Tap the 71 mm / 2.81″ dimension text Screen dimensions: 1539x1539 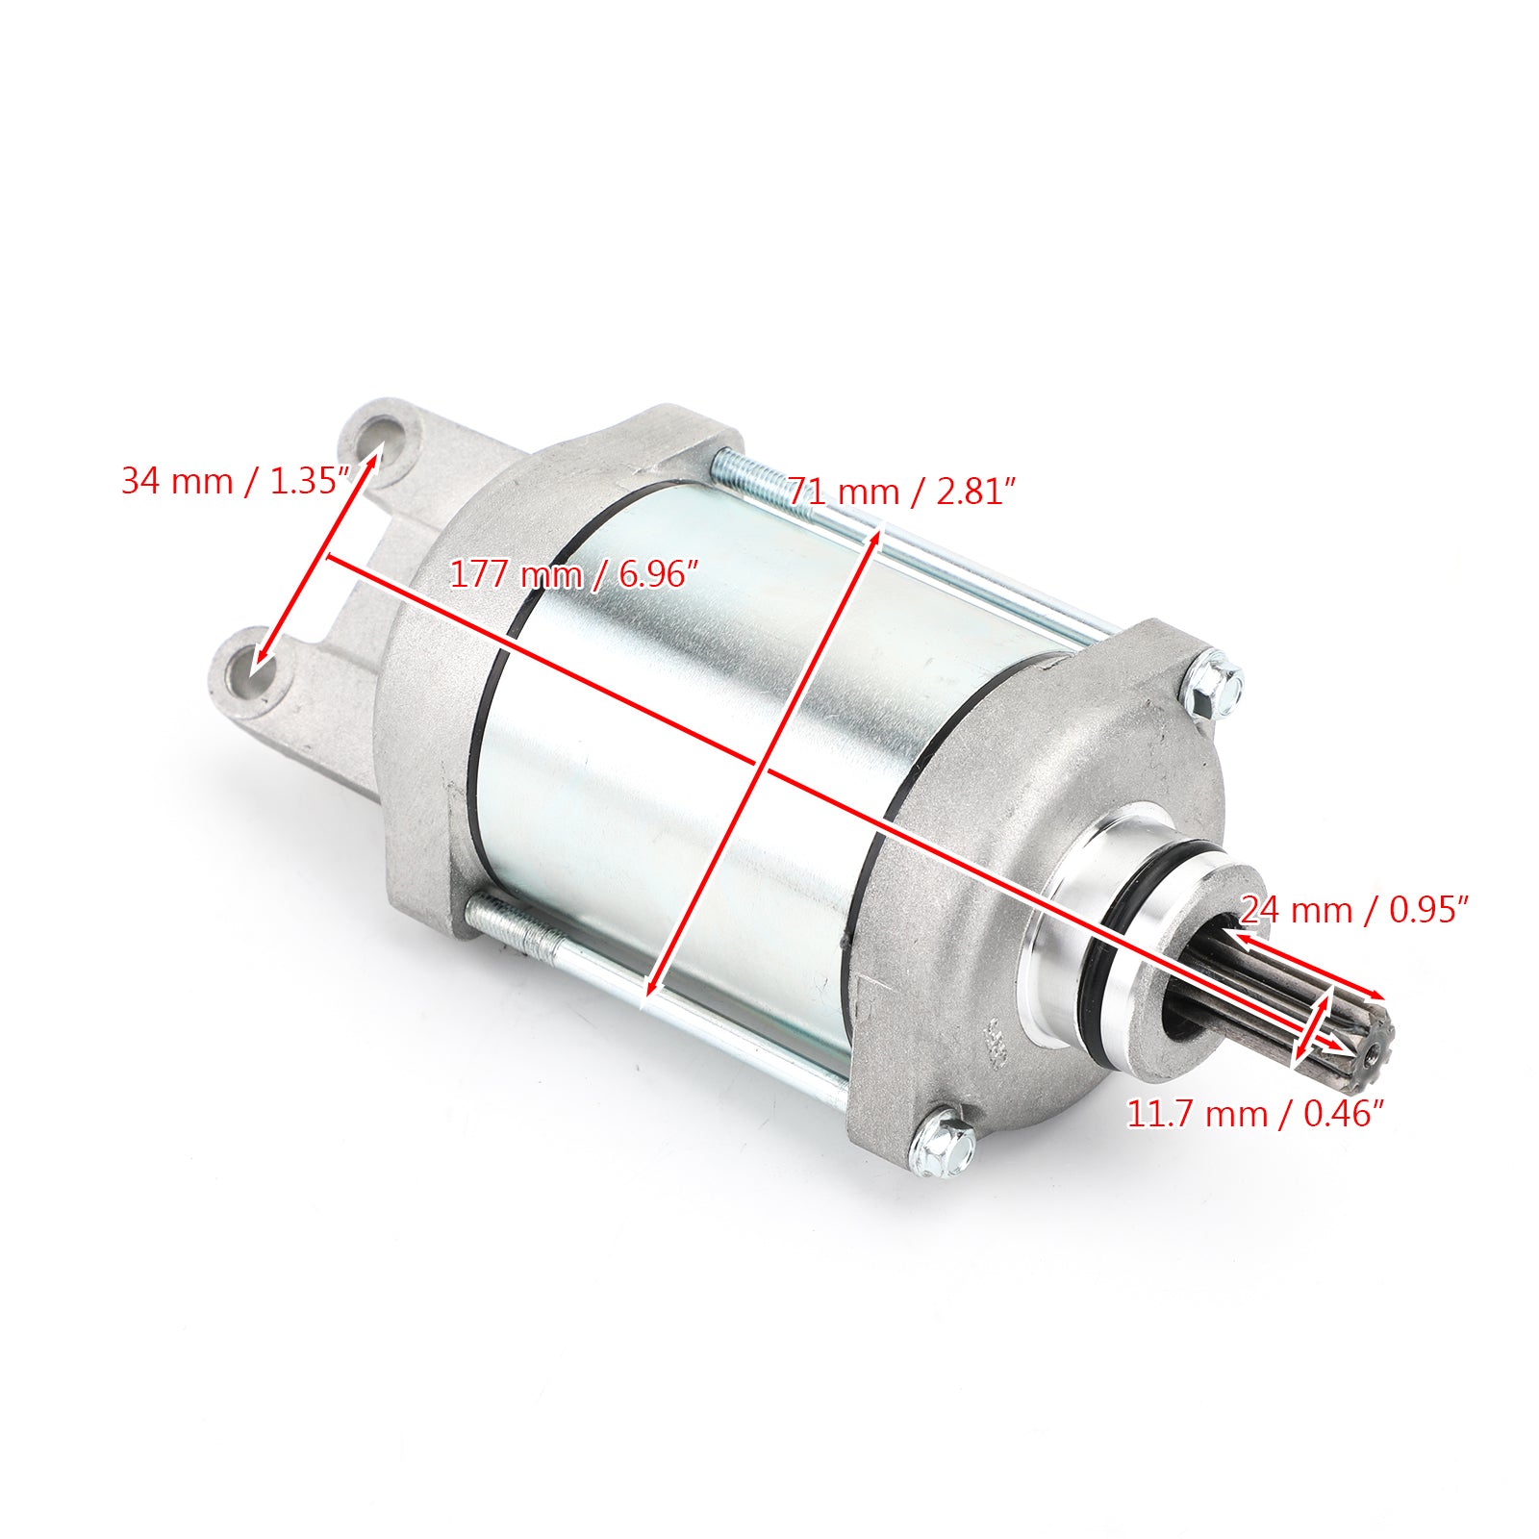tap(902, 492)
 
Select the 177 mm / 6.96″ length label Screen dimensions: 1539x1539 tap(573, 574)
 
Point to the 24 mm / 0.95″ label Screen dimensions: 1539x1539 tap(1354, 909)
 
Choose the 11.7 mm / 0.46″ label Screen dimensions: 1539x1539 tap(1255, 1114)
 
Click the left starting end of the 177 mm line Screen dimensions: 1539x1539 tap(329, 557)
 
